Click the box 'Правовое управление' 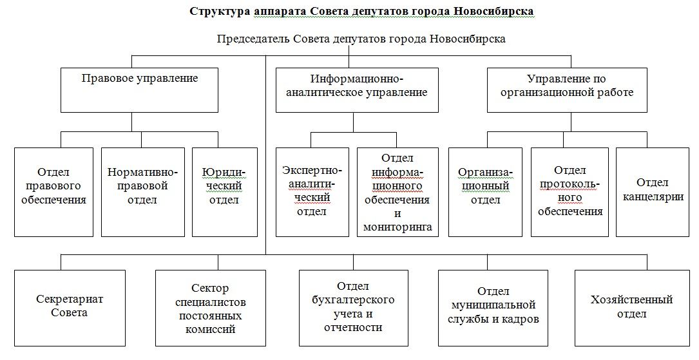140,90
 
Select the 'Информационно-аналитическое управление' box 357,90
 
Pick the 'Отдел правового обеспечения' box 53,192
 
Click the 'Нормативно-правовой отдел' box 142,192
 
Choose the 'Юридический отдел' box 224,192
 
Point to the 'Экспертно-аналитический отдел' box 312,192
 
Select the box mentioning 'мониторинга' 397,192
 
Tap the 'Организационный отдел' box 485,192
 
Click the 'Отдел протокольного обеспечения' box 570,192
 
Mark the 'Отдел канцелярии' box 652,192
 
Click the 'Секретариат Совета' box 61,307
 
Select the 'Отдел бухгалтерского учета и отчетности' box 353,307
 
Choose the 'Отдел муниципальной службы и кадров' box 493,307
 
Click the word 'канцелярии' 652,197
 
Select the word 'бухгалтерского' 353,299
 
